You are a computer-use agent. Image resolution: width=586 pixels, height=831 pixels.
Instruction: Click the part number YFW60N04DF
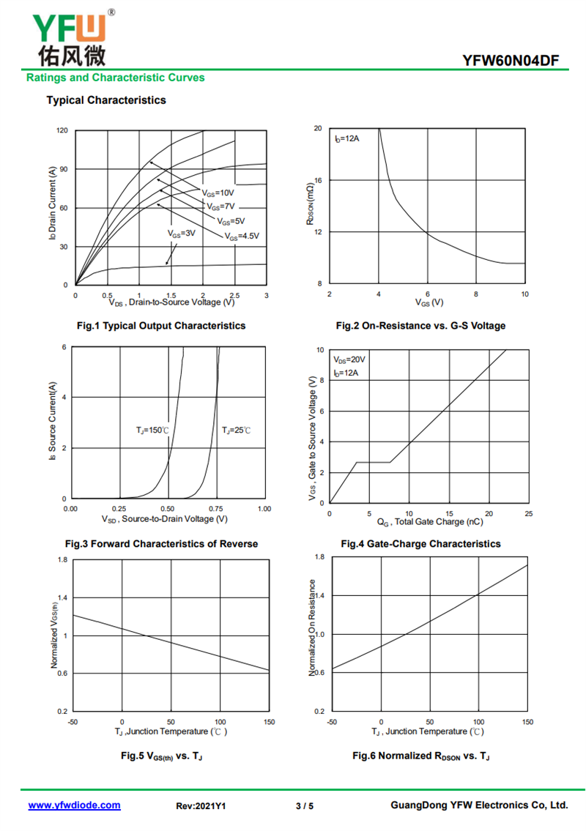tap(510, 61)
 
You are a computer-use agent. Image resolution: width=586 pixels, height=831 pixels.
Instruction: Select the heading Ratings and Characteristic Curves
tap(115, 78)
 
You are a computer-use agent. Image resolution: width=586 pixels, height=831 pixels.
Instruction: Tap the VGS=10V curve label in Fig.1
tap(218, 193)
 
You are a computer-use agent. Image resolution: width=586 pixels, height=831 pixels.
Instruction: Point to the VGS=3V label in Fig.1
tap(182, 233)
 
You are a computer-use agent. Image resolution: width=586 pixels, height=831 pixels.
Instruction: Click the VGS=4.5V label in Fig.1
tap(242, 236)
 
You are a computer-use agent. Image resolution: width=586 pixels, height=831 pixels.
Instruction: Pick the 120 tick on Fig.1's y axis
tap(62, 130)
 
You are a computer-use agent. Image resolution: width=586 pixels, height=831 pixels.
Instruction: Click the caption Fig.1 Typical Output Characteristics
tap(161, 325)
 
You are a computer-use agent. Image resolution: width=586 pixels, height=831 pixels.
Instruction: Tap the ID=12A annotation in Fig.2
tap(346, 139)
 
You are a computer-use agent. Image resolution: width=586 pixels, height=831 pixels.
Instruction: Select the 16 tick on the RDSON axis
tap(318, 180)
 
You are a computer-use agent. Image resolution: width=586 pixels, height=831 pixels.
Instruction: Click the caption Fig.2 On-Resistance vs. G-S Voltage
tap(420, 325)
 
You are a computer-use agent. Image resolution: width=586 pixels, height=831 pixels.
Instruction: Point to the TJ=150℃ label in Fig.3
tap(152, 431)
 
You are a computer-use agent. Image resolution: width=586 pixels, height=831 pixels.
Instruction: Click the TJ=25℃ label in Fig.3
tap(236, 431)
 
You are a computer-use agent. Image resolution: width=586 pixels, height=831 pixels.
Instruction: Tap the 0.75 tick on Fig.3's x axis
tap(216, 509)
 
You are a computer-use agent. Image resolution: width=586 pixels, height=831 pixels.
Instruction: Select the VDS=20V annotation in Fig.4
tap(349, 359)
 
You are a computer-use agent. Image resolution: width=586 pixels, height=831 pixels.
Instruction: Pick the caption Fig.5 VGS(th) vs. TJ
tap(161, 756)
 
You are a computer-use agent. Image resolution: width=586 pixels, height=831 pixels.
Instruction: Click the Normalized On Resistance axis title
tap(312, 627)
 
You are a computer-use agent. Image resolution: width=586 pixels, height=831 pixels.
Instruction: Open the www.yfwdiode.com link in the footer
tap(74, 805)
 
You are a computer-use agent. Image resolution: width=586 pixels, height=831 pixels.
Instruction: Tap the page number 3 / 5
tap(305, 806)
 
